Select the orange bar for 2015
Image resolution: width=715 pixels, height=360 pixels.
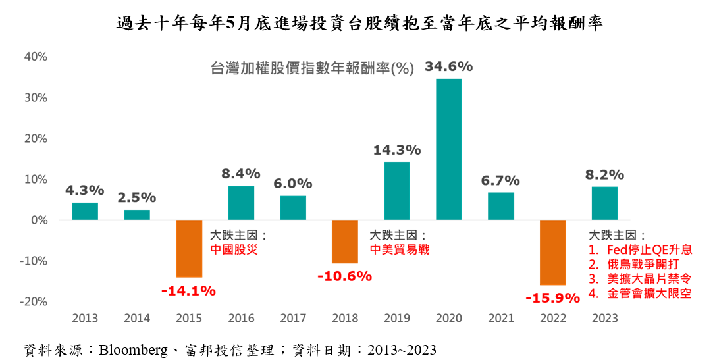point(189,249)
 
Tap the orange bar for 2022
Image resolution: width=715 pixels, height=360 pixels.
point(553,253)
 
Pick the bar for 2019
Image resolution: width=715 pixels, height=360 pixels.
point(396,191)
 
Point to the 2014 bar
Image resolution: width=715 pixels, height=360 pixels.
point(137,215)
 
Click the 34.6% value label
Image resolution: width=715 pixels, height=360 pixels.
point(448,66)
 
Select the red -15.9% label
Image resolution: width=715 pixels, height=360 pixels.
point(552,298)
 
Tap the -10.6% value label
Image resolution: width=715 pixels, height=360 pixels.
point(344,276)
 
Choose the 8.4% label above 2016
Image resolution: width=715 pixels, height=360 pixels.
point(241,174)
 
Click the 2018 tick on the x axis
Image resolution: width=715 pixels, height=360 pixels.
point(345,319)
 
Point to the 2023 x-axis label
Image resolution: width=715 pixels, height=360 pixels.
point(605,319)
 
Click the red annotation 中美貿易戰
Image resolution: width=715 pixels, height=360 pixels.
point(399,249)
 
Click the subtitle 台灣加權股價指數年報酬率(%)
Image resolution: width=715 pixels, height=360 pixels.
point(311,68)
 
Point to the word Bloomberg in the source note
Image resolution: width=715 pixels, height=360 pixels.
point(132,349)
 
